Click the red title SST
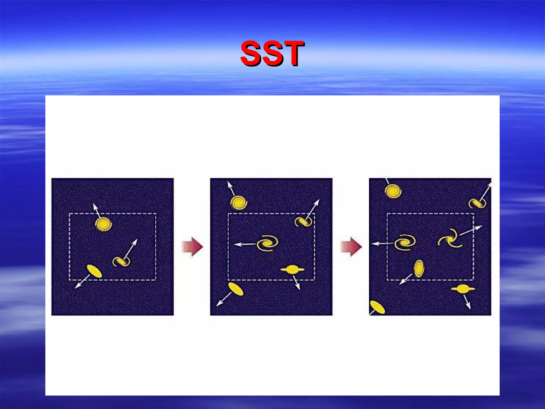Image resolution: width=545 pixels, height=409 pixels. [x=272, y=53]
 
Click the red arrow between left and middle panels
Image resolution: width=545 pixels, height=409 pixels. [x=192, y=247]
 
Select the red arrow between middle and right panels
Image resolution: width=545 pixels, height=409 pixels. [x=351, y=247]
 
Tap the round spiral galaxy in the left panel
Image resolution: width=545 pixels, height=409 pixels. [x=103, y=224]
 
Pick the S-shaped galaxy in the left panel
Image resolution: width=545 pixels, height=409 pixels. [x=121, y=261]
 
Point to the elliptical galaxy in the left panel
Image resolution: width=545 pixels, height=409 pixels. [x=94, y=271]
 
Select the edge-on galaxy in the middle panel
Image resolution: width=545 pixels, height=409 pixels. [x=292, y=270]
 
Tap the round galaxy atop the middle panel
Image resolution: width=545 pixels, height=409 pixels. [x=238, y=203]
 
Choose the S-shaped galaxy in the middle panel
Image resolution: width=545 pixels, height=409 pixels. [x=303, y=221]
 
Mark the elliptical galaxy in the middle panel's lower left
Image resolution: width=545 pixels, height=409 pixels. [x=236, y=289]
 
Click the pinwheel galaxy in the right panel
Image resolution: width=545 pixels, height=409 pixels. [x=450, y=238]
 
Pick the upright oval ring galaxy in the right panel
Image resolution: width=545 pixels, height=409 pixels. [x=419, y=268]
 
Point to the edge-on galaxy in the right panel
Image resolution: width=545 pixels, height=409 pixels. [x=463, y=289]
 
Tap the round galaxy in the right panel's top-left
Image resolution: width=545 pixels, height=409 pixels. [x=393, y=191]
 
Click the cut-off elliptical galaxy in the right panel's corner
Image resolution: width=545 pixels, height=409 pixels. [x=377, y=307]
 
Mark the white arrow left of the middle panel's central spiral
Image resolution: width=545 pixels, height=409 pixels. [x=245, y=244]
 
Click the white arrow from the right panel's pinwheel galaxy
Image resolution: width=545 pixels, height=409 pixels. [x=470, y=230]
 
